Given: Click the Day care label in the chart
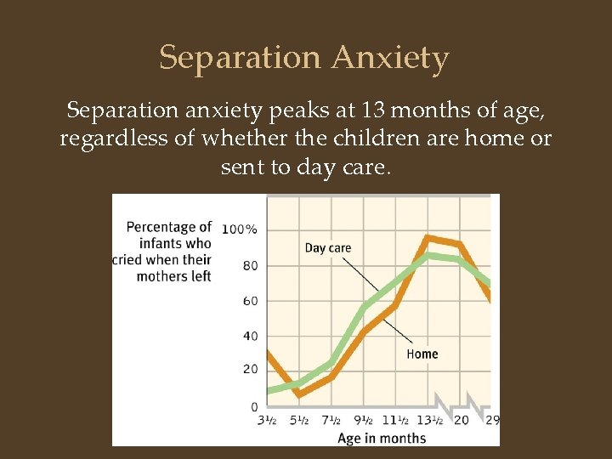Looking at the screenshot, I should (x=327, y=248).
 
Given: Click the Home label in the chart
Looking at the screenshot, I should (x=422, y=354).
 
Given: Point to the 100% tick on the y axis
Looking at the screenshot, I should (x=240, y=229).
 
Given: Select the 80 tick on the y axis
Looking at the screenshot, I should (x=251, y=265).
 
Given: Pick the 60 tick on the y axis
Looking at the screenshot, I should (x=251, y=301).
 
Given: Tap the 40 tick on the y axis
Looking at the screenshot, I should (x=251, y=336).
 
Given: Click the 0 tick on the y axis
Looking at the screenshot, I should (x=254, y=406).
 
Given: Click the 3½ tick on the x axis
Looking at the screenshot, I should (x=268, y=421).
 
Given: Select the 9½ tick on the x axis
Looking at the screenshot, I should (x=364, y=421).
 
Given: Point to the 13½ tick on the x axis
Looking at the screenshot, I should (x=430, y=421).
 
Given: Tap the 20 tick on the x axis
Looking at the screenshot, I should (x=462, y=421).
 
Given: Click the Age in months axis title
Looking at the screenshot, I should (x=382, y=438).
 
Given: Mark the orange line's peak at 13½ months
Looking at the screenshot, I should (x=428, y=237).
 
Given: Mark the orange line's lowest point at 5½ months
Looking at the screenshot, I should (x=298, y=394).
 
